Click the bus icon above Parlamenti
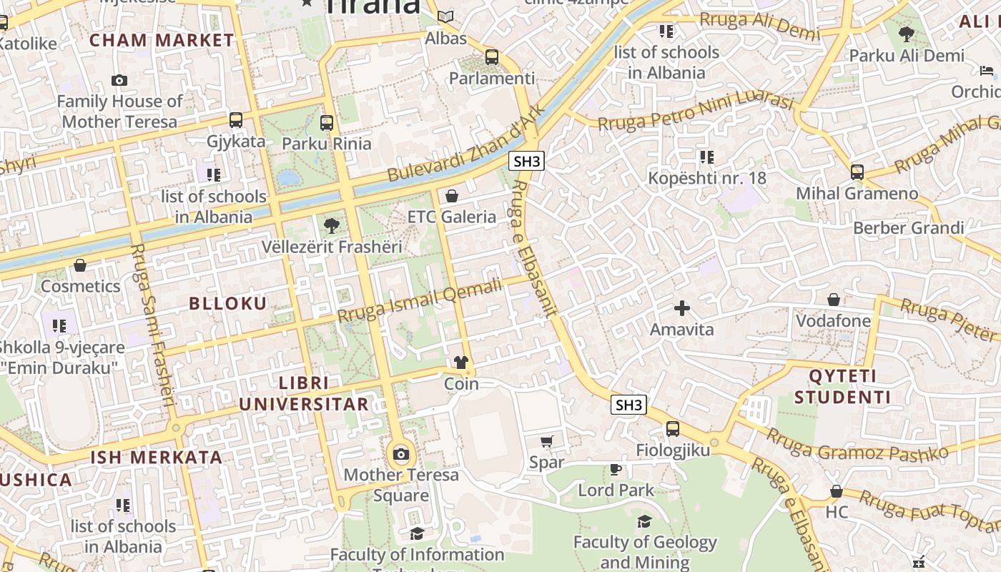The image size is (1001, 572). pyautogui.click(x=491, y=57)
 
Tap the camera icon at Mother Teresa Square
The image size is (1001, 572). pyautogui.click(x=401, y=455)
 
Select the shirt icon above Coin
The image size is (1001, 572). pyautogui.click(x=460, y=363)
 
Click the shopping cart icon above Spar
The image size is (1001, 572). pyautogui.click(x=547, y=441)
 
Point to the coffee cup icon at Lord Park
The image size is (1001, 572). pyautogui.click(x=615, y=469)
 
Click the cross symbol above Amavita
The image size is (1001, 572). pyautogui.click(x=682, y=308)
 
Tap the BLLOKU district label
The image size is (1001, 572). pyautogui.click(x=228, y=303)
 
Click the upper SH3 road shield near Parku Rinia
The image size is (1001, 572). pyautogui.click(x=527, y=161)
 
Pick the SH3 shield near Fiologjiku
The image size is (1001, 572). pyautogui.click(x=629, y=405)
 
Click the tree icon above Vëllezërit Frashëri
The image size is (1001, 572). pyautogui.click(x=331, y=226)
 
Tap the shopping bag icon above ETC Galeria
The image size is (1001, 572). pyautogui.click(x=452, y=196)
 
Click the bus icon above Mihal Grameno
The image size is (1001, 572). pyautogui.click(x=857, y=172)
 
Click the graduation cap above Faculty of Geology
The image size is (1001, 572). pyautogui.click(x=644, y=521)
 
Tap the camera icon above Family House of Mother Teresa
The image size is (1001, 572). pyautogui.click(x=119, y=81)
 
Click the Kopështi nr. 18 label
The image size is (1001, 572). pyautogui.click(x=706, y=178)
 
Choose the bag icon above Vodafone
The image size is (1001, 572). pyautogui.click(x=833, y=300)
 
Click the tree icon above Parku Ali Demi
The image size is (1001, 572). pyautogui.click(x=906, y=34)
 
